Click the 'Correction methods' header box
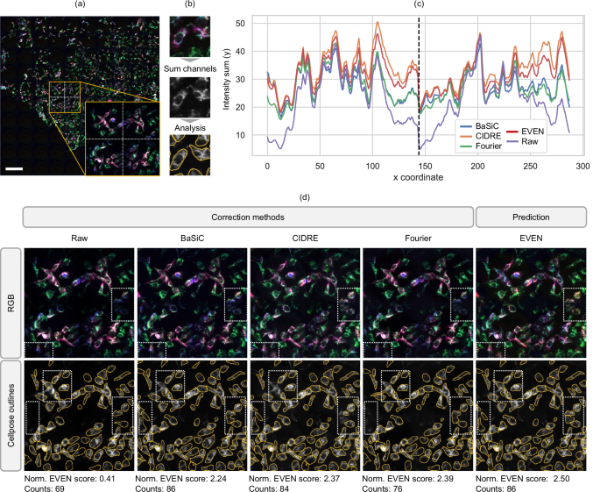coord(247,217)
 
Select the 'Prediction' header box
coord(529,217)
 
